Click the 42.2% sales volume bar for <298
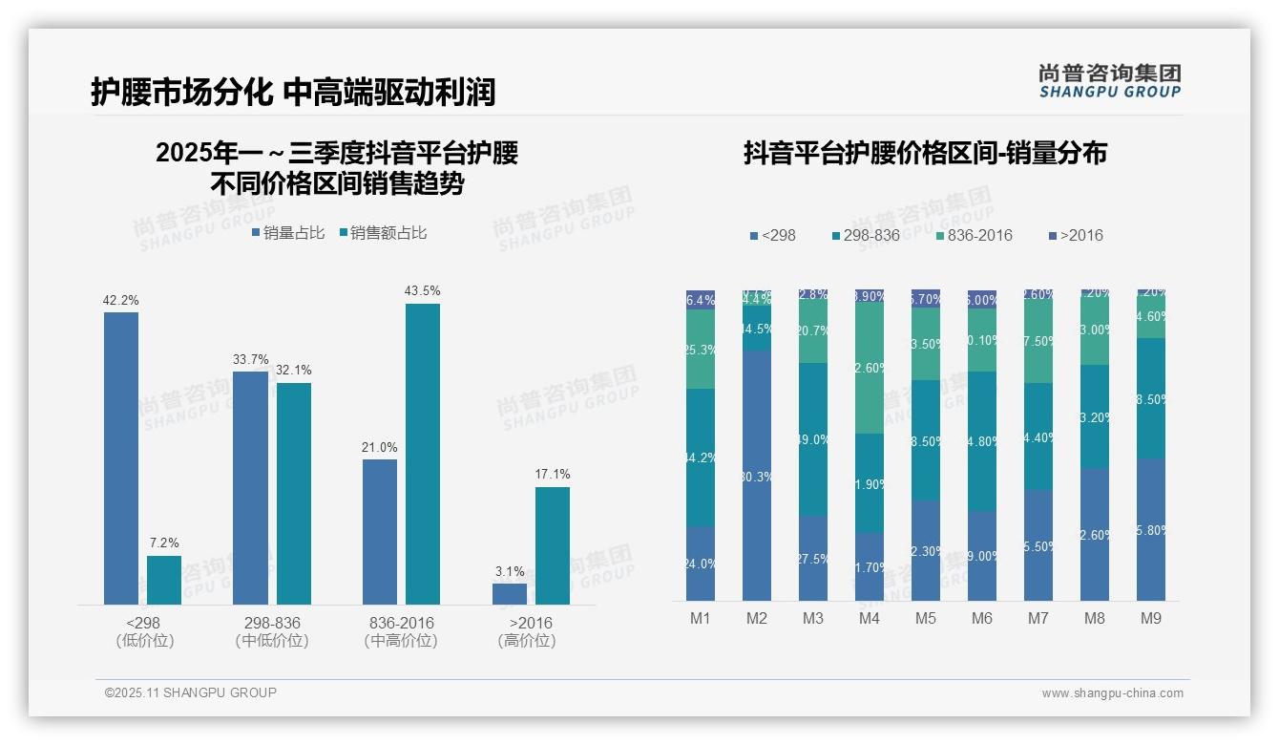click(x=121, y=458)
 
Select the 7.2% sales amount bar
click(x=164, y=580)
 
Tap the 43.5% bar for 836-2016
click(x=423, y=454)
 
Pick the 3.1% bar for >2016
click(x=510, y=593)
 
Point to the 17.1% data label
click(x=553, y=474)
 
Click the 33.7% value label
click(x=250, y=359)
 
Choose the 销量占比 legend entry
click(x=288, y=233)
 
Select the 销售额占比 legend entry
click(x=382, y=233)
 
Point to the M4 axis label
click(x=870, y=618)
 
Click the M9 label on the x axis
click(x=1151, y=618)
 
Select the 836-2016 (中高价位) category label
click(x=401, y=631)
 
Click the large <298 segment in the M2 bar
click(x=757, y=475)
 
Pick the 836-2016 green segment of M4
click(x=870, y=368)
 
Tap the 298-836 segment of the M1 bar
click(x=701, y=458)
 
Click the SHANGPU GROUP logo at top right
click(x=1110, y=81)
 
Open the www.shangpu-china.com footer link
click(x=1112, y=693)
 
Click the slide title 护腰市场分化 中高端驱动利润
click(x=293, y=93)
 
